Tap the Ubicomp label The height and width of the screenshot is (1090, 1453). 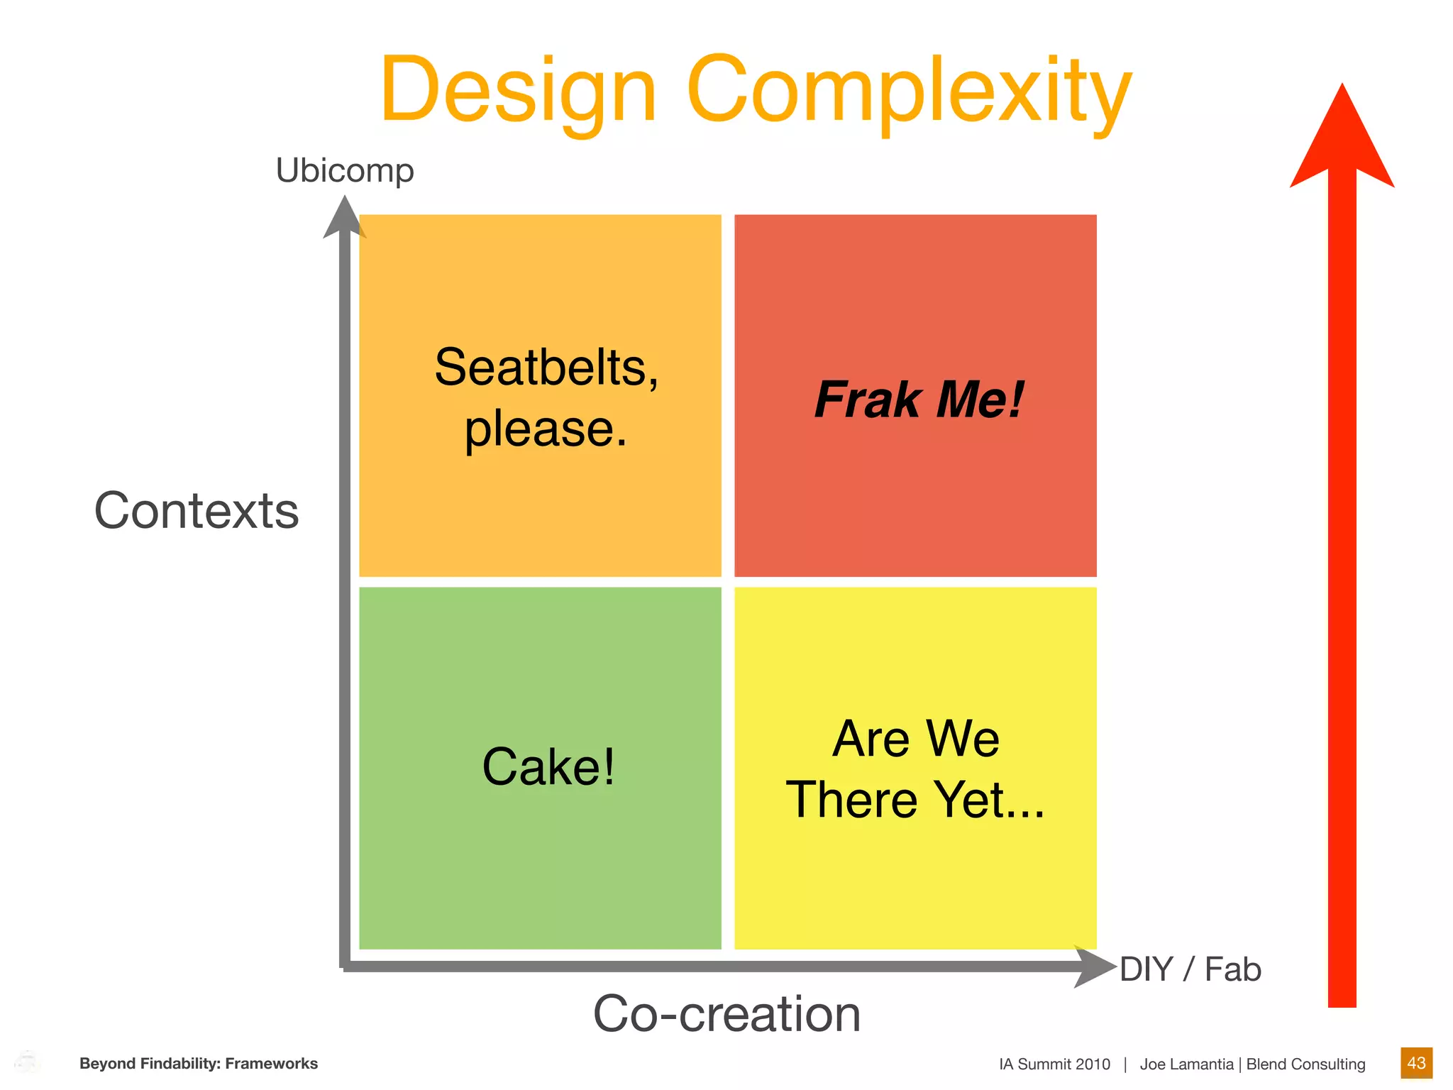[x=345, y=170]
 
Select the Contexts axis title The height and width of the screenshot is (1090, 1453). [x=197, y=510]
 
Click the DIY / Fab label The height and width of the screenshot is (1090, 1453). [x=1190, y=969]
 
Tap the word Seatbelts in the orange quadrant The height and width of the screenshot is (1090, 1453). [x=546, y=368]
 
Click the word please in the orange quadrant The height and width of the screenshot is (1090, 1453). [x=545, y=429]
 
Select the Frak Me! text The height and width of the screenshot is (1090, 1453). [x=919, y=399]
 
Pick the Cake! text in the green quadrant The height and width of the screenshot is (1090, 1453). [x=548, y=766]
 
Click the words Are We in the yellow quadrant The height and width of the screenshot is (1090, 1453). [x=916, y=739]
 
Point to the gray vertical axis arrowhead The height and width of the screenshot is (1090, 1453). [x=345, y=217]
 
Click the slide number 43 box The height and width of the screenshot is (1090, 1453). [x=1416, y=1063]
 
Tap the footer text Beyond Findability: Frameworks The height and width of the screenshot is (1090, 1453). [x=199, y=1063]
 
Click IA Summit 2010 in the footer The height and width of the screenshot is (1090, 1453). [x=1054, y=1064]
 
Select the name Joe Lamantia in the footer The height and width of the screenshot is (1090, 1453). [x=1186, y=1064]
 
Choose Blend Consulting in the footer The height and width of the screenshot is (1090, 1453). [x=1305, y=1064]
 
